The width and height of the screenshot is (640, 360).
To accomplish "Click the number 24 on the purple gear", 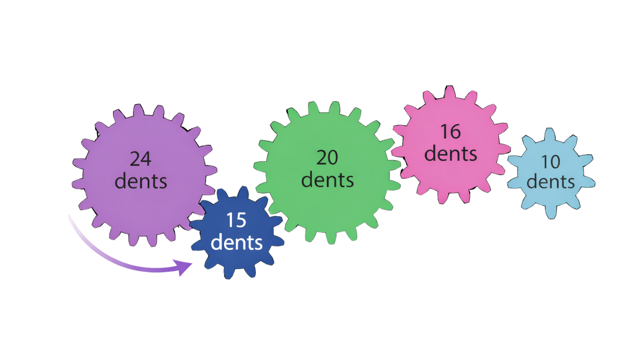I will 140,159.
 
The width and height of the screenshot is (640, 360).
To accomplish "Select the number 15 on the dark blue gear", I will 236,220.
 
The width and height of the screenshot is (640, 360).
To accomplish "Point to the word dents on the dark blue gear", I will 236,242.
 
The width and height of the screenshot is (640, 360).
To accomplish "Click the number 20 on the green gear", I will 327,158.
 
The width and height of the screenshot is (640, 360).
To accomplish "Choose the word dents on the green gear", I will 327,180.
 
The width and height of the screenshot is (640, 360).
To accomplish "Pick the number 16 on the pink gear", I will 450,132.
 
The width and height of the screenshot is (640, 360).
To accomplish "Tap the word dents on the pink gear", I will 450,154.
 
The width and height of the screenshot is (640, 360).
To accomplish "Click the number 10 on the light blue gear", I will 550,162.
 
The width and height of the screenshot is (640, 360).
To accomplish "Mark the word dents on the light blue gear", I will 550,182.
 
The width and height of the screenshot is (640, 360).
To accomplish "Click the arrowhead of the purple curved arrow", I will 184,266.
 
